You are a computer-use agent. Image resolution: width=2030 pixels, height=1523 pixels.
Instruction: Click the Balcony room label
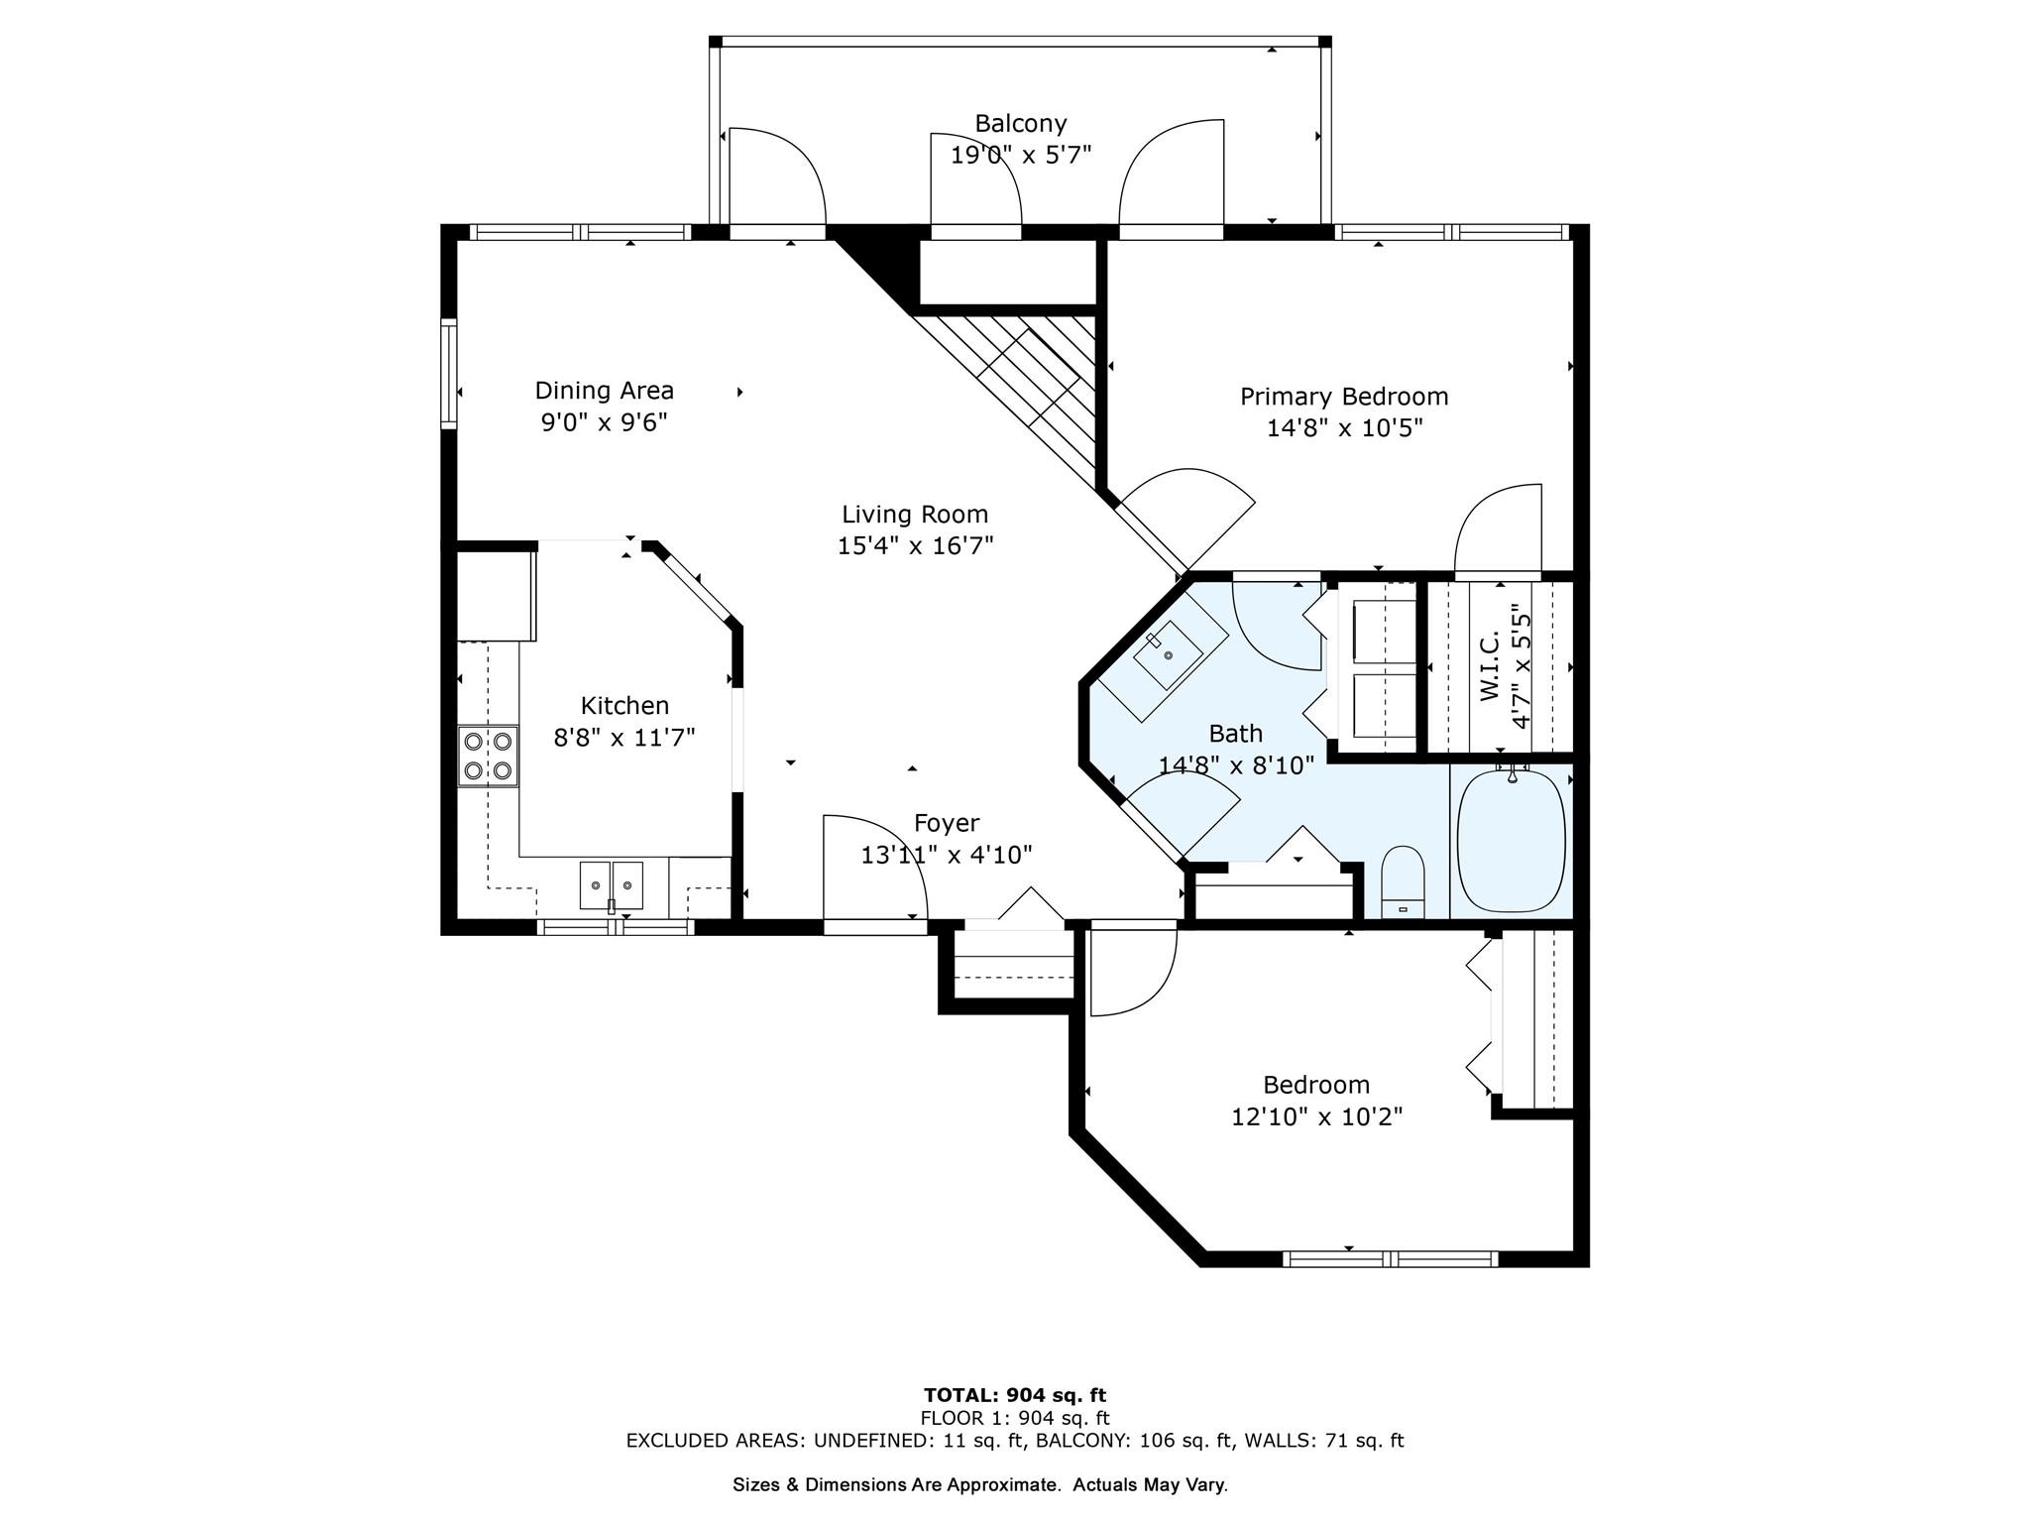[x=1021, y=124]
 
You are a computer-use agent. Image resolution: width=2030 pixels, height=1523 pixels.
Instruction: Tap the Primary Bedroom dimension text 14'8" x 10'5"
[x=1345, y=428]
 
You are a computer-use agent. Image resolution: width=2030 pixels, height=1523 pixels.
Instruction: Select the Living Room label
[x=915, y=515]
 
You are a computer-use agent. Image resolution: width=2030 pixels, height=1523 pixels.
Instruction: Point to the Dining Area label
[x=605, y=391]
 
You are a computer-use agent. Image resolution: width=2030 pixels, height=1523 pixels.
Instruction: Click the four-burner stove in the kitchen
[x=488, y=756]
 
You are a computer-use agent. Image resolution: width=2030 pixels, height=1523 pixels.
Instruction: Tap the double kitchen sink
[x=612, y=884]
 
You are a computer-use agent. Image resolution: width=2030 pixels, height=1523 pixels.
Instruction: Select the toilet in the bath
[x=1403, y=881]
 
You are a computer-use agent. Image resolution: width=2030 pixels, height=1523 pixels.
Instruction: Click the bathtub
[x=1512, y=841]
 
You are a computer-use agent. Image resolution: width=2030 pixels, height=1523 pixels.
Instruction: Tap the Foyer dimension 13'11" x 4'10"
[x=947, y=855]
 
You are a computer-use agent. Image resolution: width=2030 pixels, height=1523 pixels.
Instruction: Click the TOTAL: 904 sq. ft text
[x=1015, y=1395]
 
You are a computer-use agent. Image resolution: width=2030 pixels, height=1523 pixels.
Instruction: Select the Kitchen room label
[x=624, y=706]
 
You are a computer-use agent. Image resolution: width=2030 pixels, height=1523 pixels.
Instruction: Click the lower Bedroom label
[x=1316, y=1085]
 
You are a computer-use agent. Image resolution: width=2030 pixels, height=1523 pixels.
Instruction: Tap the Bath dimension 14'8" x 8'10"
[x=1236, y=765]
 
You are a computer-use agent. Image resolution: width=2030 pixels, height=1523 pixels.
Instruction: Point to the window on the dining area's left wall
[x=449, y=373]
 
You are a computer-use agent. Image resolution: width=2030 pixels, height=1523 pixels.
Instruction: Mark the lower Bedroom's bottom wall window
[x=1391, y=1259]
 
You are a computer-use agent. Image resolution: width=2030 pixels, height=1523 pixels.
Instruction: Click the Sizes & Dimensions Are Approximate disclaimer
[x=980, y=1485]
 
